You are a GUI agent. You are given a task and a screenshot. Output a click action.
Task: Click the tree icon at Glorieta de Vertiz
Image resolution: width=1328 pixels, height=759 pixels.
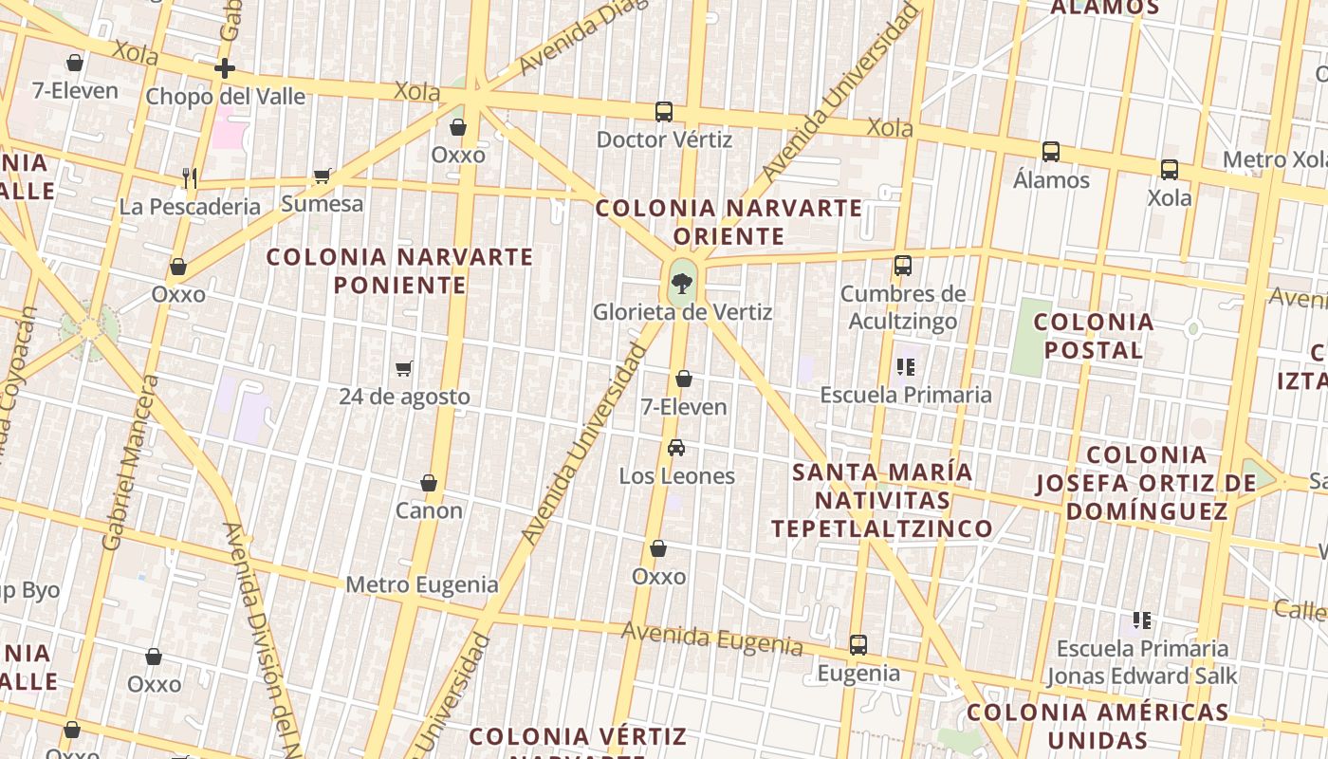coord(681,282)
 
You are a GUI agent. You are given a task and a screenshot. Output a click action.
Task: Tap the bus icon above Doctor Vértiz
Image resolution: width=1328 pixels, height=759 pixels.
coord(664,112)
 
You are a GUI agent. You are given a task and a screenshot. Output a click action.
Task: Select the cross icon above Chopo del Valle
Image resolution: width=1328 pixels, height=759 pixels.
coord(225,68)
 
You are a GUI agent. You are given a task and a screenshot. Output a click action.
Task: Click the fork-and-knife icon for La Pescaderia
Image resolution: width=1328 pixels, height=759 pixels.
coord(190,177)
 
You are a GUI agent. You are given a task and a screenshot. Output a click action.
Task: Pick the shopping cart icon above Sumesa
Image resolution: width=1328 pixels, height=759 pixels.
coord(323,176)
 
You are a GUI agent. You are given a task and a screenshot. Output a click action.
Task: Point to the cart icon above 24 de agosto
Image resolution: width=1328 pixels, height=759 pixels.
coord(404,368)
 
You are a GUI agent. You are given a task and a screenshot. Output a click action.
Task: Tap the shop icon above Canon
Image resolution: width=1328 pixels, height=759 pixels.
coord(429,483)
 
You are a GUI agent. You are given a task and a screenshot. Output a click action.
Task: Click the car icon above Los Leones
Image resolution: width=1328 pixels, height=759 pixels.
coord(676,448)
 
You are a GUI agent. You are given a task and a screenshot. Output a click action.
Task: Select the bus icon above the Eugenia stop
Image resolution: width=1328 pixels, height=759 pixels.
coord(858,645)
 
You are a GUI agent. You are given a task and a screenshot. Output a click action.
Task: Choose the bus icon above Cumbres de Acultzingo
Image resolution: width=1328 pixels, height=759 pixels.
coord(903,266)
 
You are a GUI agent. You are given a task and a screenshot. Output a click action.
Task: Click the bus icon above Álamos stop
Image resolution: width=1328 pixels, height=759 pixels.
coord(1051,152)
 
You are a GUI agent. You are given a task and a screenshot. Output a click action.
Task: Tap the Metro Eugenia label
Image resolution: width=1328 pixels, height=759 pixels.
coord(421,584)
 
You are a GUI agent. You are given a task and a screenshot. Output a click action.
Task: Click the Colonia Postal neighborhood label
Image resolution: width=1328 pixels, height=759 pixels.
coord(1094,336)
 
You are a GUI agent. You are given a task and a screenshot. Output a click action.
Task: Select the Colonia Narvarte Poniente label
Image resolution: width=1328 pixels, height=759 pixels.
coord(399,270)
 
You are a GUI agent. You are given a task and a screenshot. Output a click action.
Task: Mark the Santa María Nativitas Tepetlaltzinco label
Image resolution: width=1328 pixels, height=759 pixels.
coord(882,500)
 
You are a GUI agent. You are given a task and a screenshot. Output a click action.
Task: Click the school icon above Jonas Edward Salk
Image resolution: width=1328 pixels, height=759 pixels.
coord(1142,621)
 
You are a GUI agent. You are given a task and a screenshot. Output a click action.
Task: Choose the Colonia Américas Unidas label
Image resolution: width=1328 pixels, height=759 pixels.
coord(1097,726)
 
